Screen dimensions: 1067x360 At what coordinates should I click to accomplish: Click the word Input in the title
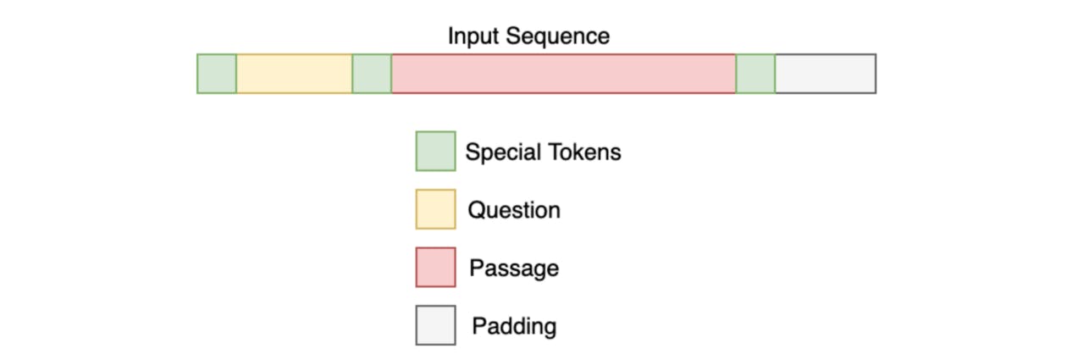coord(473,36)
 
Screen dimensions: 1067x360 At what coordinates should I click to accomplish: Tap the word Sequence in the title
coord(558,36)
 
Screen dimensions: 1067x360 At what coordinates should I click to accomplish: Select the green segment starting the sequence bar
coord(217,74)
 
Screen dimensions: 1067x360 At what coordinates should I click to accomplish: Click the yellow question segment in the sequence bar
coord(295,74)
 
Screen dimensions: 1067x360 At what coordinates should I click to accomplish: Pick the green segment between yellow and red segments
coord(372,74)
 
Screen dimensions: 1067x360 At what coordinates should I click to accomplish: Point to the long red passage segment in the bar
coord(564,74)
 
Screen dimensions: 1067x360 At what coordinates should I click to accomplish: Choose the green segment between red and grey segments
coord(755,74)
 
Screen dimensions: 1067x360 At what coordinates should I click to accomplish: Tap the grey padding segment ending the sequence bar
coord(826,74)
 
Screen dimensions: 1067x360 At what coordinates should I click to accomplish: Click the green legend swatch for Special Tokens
coord(436,151)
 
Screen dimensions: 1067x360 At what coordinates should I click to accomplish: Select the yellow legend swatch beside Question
coord(436,209)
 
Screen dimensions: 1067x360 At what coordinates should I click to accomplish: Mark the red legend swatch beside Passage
coord(436,267)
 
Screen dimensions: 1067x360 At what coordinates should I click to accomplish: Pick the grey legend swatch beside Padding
coord(436,325)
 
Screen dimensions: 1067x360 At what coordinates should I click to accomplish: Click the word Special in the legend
coord(503,152)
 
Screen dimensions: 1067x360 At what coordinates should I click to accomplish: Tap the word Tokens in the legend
coord(585,152)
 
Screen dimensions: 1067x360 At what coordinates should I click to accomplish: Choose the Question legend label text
coord(515,210)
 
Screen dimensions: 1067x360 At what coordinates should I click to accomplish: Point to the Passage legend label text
coord(515,269)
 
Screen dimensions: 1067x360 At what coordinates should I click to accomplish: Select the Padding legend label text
coord(515,327)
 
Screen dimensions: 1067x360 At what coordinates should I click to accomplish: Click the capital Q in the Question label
coord(477,210)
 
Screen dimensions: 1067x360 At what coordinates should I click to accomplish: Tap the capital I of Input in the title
coord(451,36)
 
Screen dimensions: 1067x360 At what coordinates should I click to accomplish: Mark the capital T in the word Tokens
coord(556,152)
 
